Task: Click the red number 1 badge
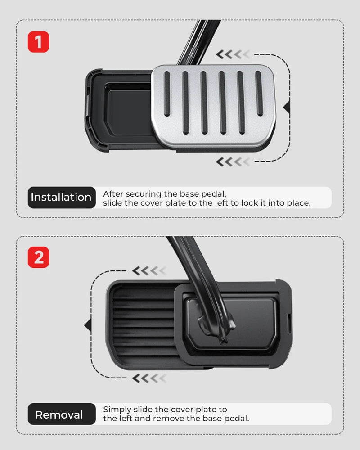tap(38, 42)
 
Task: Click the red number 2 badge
tap(38, 257)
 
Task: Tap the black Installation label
tap(62, 198)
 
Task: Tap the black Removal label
tap(62, 414)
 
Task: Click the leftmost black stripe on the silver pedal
tap(167, 94)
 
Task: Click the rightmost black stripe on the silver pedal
tap(259, 94)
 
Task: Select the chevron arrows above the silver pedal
tap(233, 54)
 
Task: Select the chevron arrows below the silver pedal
tap(233, 162)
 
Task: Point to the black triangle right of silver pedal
tap(287, 107)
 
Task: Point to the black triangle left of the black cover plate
tap(88, 325)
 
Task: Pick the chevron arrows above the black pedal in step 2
tap(149, 270)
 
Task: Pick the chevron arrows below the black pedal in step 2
tap(149, 378)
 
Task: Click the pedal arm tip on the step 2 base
tap(222, 340)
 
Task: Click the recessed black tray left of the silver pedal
tap(128, 111)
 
